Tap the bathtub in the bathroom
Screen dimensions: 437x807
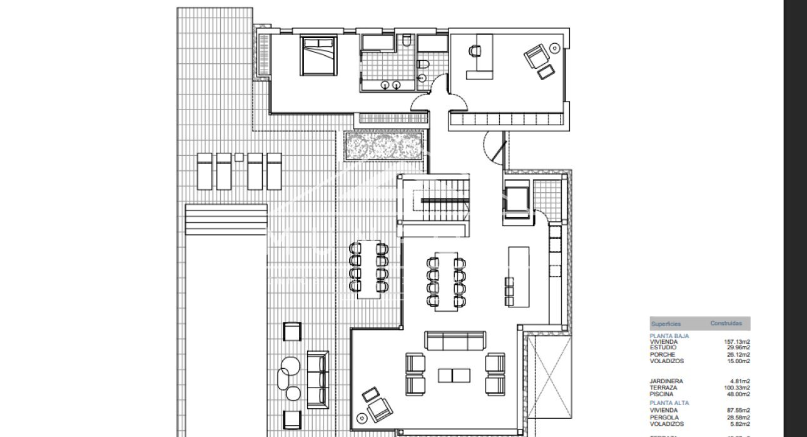(x=376, y=42)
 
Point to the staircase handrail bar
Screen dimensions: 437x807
(x=444, y=200)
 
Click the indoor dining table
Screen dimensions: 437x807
(x=445, y=280)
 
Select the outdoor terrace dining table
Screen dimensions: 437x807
(x=368, y=269)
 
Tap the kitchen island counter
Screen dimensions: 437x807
(x=519, y=275)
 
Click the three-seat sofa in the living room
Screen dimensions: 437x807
(x=455, y=341)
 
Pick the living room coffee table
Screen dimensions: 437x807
(x=454, y=375)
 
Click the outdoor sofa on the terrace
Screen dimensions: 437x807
(x=318, y=379)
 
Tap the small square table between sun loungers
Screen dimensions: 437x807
(x=238, y=157)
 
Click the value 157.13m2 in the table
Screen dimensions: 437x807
(x=737, y=342)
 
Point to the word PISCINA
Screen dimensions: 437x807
(x=662, y=394)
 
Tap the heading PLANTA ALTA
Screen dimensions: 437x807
(x=669, y=403)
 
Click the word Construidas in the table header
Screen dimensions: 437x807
(x=726, y=324)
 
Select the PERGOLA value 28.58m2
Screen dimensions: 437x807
(x=737, y=417)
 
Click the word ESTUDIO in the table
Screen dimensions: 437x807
(x=662, y=348)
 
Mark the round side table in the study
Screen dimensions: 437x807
(x=554, y=46)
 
